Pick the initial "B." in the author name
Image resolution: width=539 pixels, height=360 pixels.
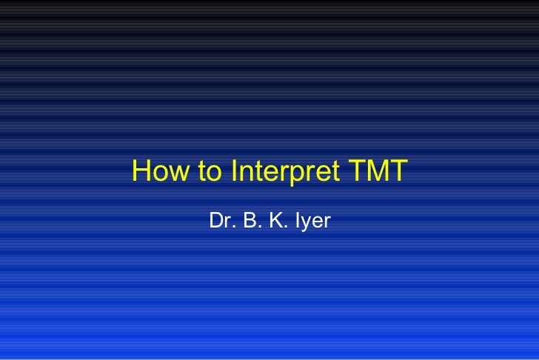249,221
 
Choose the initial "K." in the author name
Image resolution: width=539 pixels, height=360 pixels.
276,221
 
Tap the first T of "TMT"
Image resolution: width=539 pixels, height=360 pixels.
355,172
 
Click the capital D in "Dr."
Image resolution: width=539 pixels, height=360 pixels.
217,221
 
